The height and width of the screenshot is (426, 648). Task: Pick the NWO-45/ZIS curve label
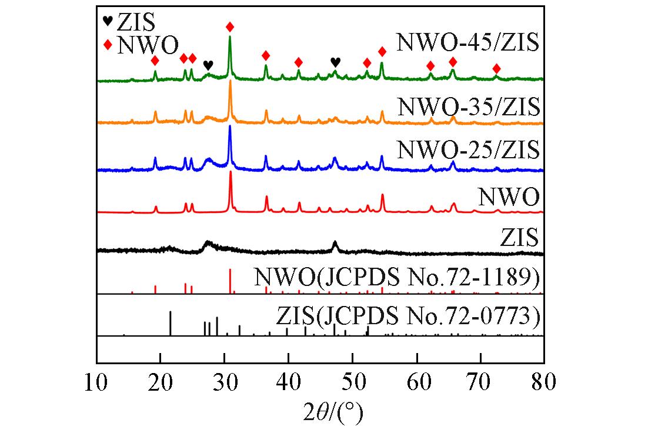pyautogui.click(x=467, y=43)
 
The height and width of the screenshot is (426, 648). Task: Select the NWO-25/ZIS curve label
pyautogui.click(x=468, y=149)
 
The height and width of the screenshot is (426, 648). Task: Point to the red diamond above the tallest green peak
pyautogui.click(x=230, y=27)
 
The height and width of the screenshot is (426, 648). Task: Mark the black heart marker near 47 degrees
pyautogui.click(x=335, y=61)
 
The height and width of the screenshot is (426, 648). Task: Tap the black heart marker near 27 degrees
pyautogui.click(x=208, y=65)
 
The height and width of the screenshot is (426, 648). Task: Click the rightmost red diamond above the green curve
pyautogui.click(x=496, y=69)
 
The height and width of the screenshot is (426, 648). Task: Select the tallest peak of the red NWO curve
pyautogui.click(x=230, y=172)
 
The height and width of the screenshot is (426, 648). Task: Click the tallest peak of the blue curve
pyautogui.click(x=230, y=127)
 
